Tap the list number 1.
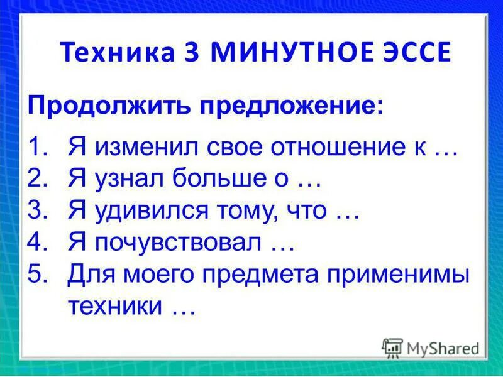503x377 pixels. pos(37,149)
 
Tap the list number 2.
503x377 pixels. pos(37,180)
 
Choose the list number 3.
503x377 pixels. pos(37,212)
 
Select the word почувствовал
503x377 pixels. pos(179,243)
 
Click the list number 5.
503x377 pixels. pos(37,275)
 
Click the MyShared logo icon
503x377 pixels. pos(392,347)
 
